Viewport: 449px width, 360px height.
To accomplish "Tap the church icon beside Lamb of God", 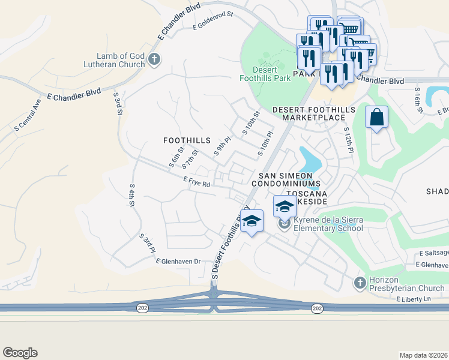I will point(154,59).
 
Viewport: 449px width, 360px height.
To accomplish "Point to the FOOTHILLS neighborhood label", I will point(187,140).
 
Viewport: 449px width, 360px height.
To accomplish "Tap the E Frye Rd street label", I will point(197,182).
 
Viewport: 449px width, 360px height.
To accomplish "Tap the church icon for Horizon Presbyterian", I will point(360,282).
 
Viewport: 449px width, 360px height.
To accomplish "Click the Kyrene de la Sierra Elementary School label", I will point(328,224).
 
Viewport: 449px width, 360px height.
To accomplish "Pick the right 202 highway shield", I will point(316,308).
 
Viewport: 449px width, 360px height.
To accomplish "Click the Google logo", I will point(20,353).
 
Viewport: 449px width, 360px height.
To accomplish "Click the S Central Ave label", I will point(27,114).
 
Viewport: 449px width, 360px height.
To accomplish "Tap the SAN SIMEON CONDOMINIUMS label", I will point(285,178).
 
